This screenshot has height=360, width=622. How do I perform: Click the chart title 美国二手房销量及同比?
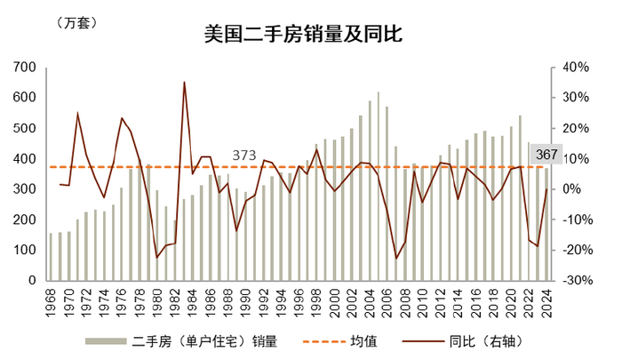304,34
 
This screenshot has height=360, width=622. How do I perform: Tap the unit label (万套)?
77,23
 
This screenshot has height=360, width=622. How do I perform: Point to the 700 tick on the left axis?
24,67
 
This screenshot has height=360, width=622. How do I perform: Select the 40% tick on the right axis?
575,67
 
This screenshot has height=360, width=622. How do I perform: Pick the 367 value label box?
546,154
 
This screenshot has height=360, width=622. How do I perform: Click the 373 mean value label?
244,156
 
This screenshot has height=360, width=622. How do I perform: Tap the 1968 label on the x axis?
51,302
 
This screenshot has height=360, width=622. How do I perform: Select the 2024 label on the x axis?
546,302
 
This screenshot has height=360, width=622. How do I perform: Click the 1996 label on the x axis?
299,302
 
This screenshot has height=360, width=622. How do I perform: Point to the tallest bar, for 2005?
378,186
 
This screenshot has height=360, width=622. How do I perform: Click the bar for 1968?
51,257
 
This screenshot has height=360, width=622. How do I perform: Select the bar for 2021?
520,198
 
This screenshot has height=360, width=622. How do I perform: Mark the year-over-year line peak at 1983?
184,82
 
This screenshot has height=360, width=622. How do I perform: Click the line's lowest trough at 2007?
396,259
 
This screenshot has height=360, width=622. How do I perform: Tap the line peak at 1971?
77,113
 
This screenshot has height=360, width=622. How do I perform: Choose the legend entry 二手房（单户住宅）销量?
181,341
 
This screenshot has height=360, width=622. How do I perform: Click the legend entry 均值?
340,341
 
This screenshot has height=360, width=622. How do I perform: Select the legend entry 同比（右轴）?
463,341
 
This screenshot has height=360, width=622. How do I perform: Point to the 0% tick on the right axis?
575,189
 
